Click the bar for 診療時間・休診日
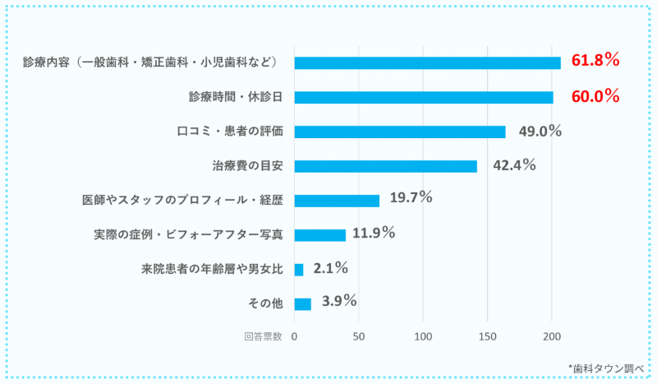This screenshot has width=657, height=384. coord(423,97)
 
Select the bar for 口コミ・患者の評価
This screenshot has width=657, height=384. coord(399,132)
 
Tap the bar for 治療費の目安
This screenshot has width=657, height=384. coord(385,166)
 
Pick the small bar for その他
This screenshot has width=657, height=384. coord(302,304)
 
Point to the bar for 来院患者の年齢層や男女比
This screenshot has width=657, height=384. coord(298,270)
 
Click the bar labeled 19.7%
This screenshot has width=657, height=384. coord(337,201)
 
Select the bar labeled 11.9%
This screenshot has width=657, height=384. coord(319,235)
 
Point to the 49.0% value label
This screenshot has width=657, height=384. coord(540,131)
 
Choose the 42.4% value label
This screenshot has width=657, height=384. coord(514,165)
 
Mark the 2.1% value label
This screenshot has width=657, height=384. coord(331,268)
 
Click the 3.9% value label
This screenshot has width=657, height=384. coord(339,302)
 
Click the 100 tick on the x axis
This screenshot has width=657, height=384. coord(423,336)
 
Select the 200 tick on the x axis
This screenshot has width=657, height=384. coord(552,336)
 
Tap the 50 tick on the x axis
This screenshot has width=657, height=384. coord(358,336)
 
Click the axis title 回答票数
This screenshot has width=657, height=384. coord(263,336)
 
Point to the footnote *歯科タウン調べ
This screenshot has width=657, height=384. coord(604,368)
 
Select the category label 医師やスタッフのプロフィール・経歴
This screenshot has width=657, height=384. coord(183,201)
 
